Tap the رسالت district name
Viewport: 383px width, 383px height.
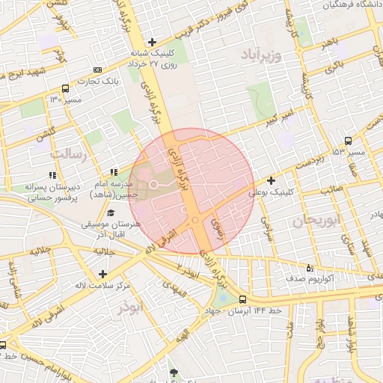69,153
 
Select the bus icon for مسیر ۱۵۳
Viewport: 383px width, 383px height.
349,141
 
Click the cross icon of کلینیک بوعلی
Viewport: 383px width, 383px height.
271,180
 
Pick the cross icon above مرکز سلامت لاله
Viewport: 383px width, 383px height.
102,274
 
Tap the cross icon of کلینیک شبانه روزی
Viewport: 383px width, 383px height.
153,42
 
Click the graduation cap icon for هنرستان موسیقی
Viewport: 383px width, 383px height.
111,213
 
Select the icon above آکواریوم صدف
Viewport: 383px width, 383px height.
310,267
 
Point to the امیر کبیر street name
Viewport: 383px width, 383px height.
288,114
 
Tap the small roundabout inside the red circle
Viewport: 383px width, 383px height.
194,220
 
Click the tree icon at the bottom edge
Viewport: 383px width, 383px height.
174,373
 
